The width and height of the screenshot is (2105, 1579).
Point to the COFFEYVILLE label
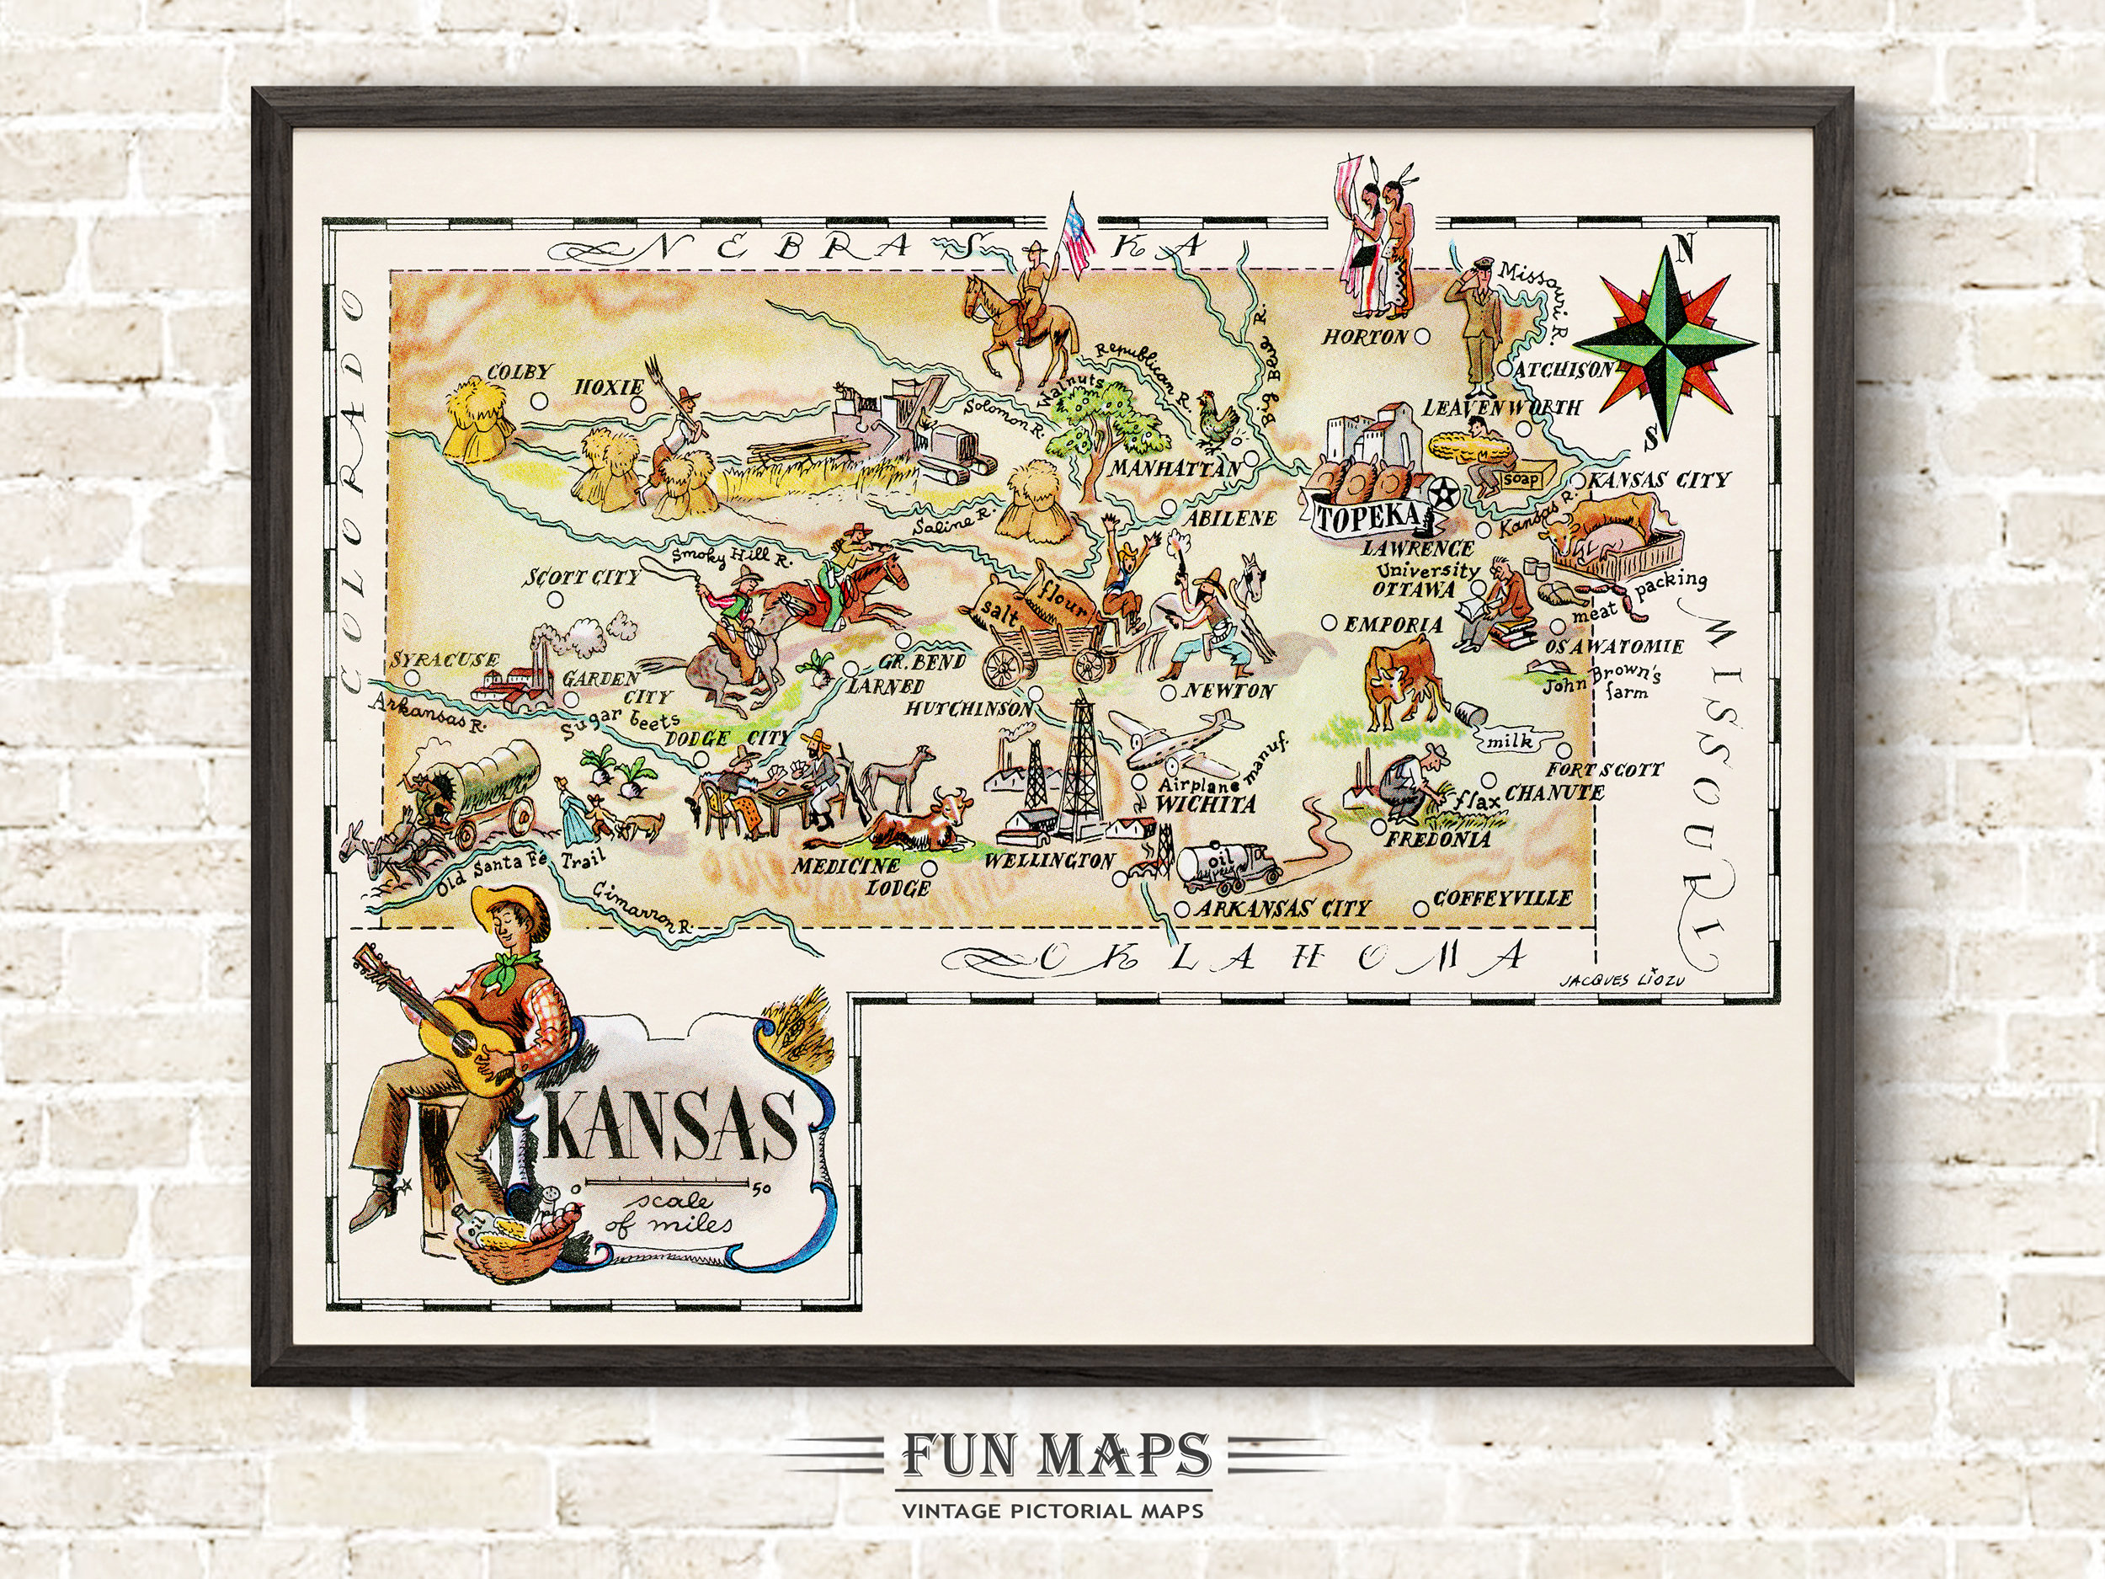tap(1501, 898)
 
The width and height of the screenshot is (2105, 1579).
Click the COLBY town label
tap(518, 372)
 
